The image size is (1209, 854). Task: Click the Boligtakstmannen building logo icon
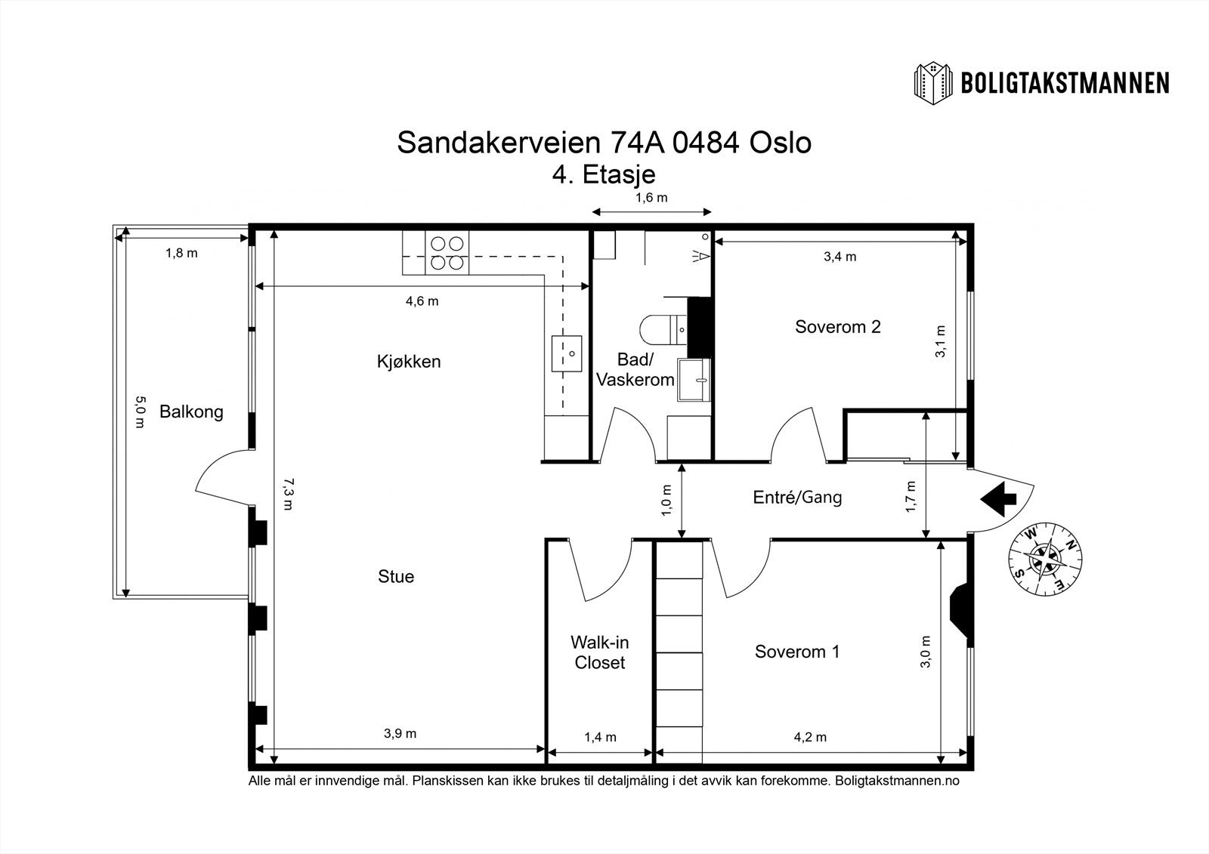click(x=932, y=84)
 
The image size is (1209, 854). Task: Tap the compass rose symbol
click(x=1046, y=559)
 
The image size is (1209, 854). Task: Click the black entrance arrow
click(x=998, y=500)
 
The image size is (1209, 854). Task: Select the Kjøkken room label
click(x=409, y=362)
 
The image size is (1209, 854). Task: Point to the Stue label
click(x=396, y=576)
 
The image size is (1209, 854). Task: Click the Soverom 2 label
click(x=838, y=326)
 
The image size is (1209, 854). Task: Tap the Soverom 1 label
click(x=797, y=652)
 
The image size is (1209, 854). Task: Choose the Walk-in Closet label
click(x=600, y=652)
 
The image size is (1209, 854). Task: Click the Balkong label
click(x=191, y=412)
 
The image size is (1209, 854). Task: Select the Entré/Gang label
click(x=797, y=497)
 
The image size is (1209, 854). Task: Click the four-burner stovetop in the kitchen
click(x=447, y=252)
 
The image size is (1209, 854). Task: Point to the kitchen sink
click(x=567, y=353)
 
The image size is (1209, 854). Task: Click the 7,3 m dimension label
click(x=289, y=494)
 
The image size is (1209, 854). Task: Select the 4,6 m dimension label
click(x=422, y=301)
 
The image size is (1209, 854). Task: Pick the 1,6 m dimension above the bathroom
click(x=651, y=198)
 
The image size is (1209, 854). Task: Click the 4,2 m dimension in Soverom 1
click(x=810, y=737)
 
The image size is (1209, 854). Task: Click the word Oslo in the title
click(x=781, y=143)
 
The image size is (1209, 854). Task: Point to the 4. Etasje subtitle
click(x=604, y=174)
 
